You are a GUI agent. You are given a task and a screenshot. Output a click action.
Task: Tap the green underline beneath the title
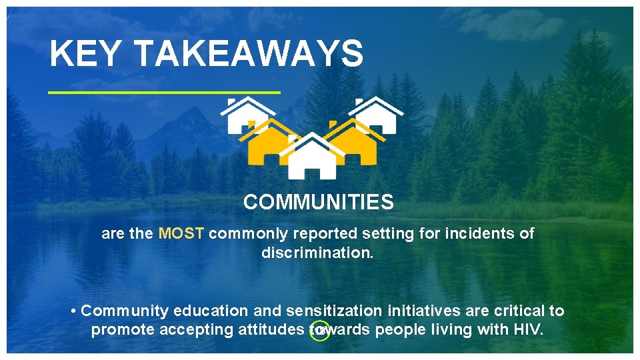click(165, 92)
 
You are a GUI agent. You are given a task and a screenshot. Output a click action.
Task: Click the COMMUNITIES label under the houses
click(318, 202)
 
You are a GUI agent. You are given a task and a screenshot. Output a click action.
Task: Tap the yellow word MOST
click(183, 234)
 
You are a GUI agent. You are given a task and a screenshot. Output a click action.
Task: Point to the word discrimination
click(317, 253)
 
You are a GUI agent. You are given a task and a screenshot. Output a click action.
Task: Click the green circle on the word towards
click(321, 331)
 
